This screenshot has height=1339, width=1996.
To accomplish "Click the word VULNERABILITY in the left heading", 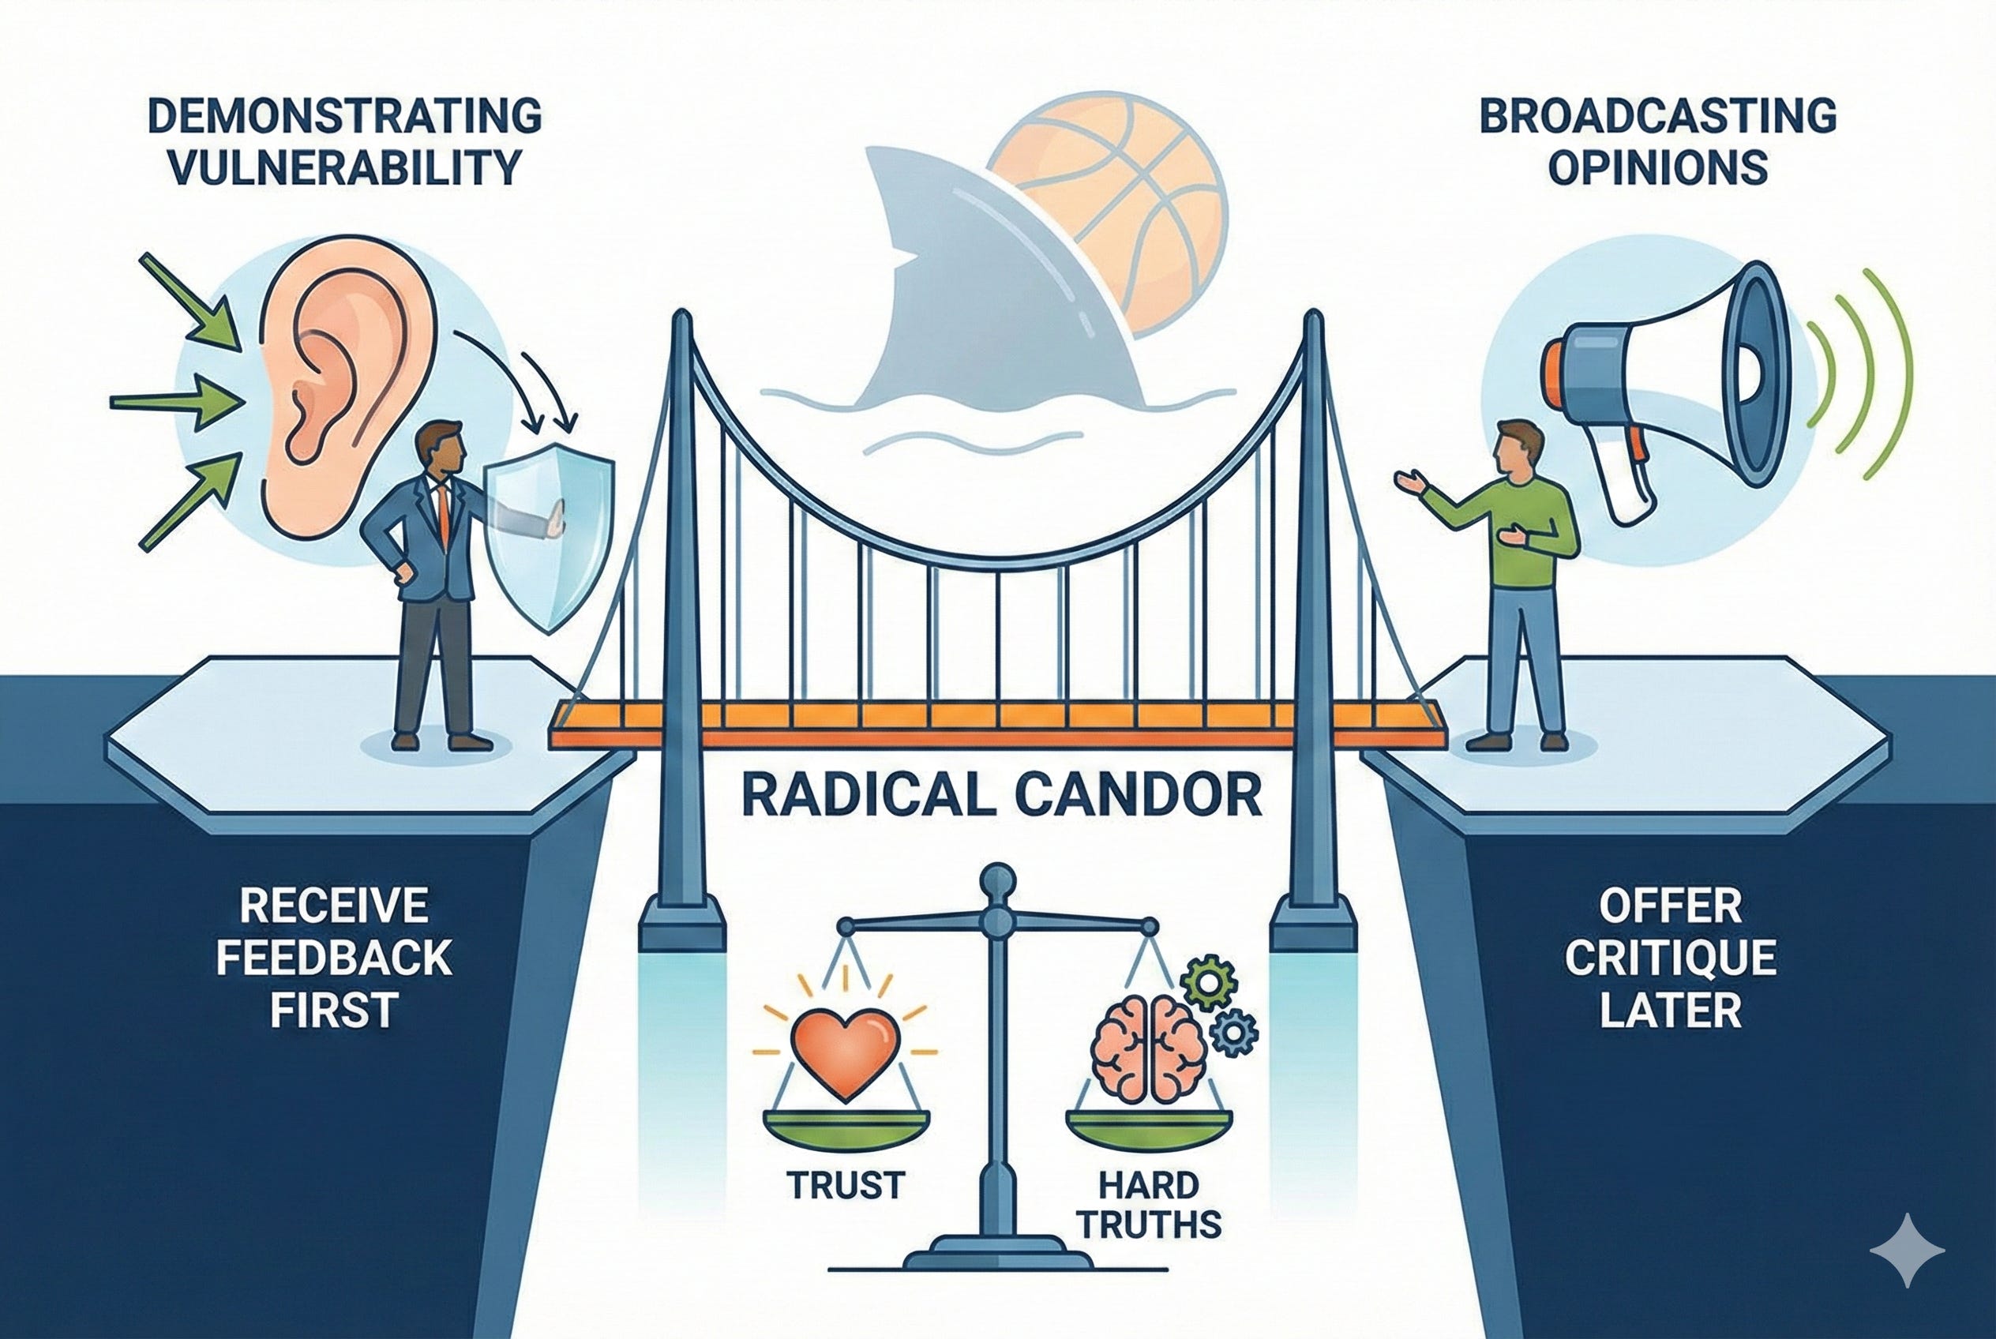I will [x=345, y=167].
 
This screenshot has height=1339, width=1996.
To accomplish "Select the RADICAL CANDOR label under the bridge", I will [x=1001, y=794].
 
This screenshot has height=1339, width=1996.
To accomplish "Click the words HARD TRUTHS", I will [x=1150, y=1204].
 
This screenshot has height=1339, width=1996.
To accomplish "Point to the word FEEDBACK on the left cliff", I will [x=333, y=958].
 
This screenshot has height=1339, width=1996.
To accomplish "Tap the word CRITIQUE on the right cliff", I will [x=1670, y=958].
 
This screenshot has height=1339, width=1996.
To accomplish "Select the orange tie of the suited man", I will [x=442, y=512].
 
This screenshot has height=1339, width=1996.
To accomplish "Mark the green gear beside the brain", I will [x=1208, y=984].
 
